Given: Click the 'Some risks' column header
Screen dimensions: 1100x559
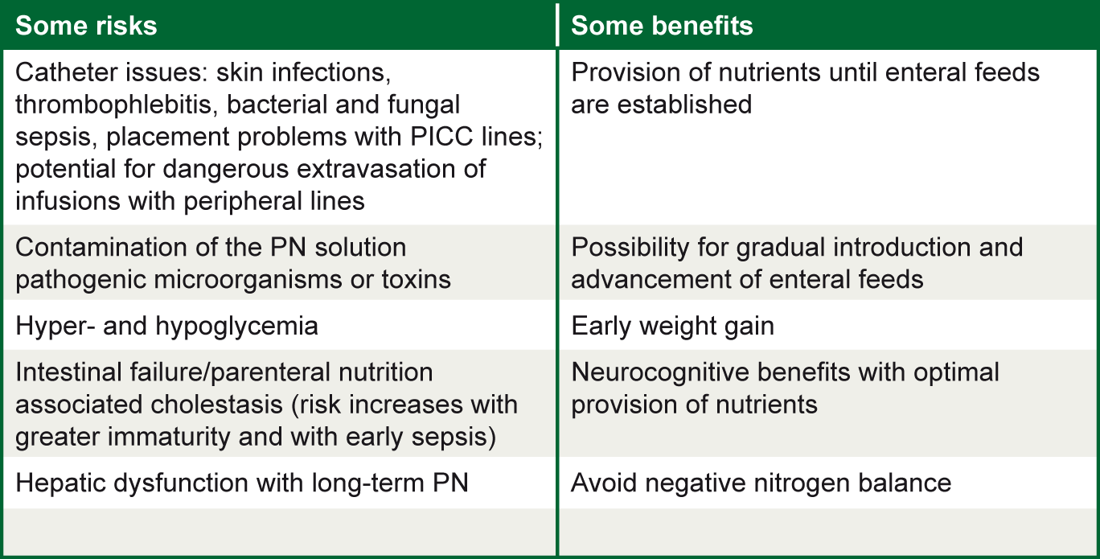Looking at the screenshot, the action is click(x=86, y=26).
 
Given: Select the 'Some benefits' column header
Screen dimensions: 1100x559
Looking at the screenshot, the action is click(x=662, y=26).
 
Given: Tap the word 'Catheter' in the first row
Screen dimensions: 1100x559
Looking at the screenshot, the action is click(x=60, y=72).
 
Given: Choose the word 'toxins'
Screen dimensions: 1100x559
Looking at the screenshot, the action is click(x=416, y=280).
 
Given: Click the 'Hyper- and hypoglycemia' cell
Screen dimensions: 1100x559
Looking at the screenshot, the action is click(x=166, y=327).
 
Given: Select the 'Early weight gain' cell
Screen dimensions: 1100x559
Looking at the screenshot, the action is click(x=672, y=327).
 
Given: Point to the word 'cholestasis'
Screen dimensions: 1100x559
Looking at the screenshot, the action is click(x=216, y=405).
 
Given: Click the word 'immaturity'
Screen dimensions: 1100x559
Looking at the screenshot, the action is click(x=168, y=438).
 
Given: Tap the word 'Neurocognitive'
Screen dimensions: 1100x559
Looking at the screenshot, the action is click(x=661, y=372).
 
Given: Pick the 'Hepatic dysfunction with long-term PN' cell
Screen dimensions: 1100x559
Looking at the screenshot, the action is click(x=241, y=483).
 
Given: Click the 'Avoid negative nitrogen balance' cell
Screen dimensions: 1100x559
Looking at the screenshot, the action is click(x=761, y=483).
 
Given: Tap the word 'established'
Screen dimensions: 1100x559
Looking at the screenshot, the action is click(x=684, y=105).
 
